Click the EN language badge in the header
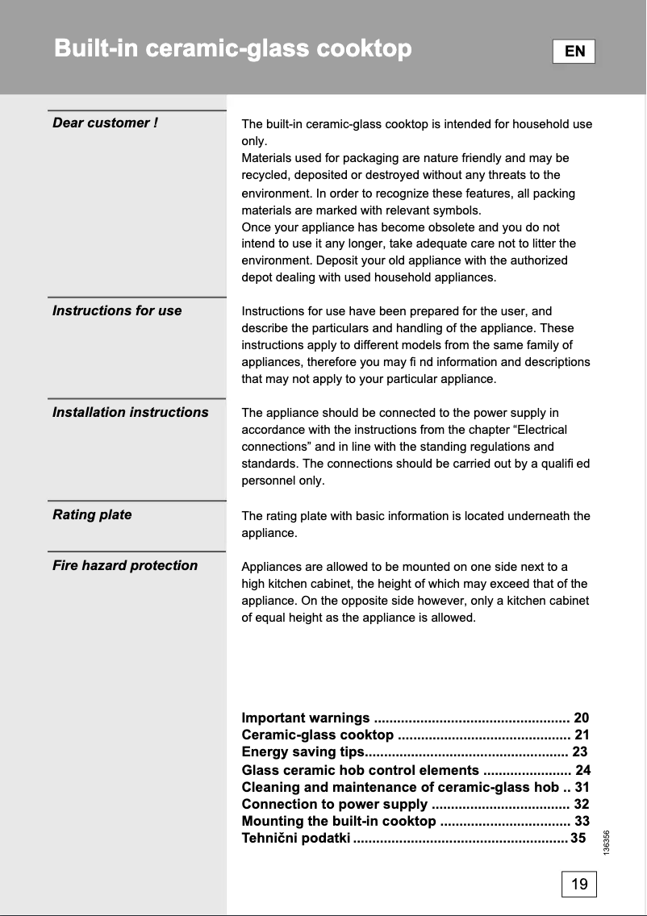pyautogui.click(x=574, y=52)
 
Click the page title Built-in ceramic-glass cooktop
pyautogui.click(x=232, y=49)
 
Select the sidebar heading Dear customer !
pyautogui.click(x=105, y=123)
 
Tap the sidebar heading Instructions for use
pyautogui.click(x=117, y=310)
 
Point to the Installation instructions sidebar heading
pyautogui.click(x=130, y=412)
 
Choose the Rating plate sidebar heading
pyautogui.click(x=92, y=514)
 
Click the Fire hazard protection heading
pyautogui.click(x=125, y=565)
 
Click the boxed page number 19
pyautogui.click(x=579, y=884)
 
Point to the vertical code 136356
pyautogui.click(x=606, y=844)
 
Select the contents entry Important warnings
pyautogui.click(x=306, y=718)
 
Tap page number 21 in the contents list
pyautogui.click(x=582, y=735)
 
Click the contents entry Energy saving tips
pyautogui.click(x=303, y=752)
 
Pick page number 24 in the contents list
pyautogui.click(x=582, y=770)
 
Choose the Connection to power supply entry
pyautogui.click(x=335, y=804)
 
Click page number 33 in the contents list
pyautogui.click(x=582, y=821)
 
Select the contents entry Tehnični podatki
pyautogui.click(x=296, y=839)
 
